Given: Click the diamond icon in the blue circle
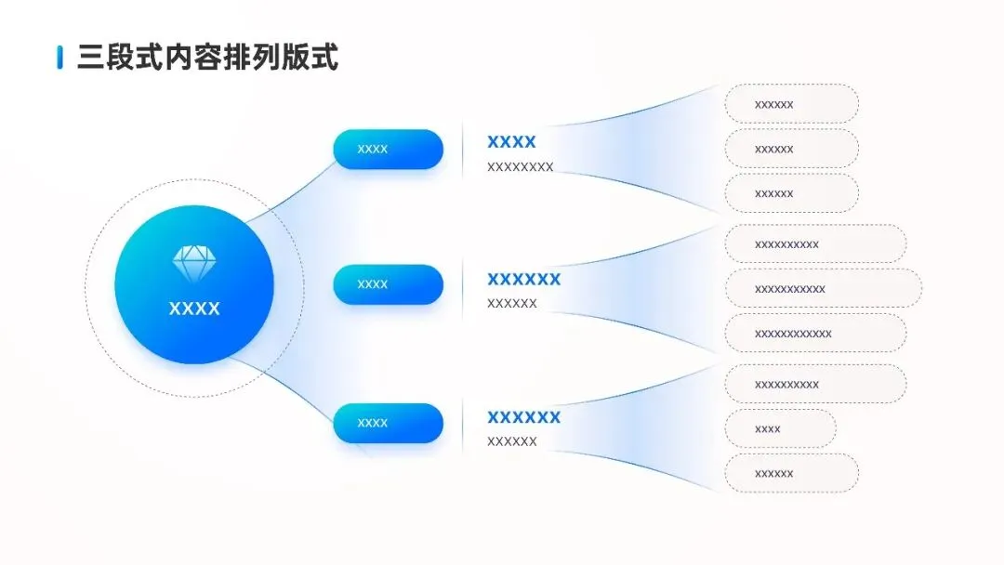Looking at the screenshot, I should pos(193,263).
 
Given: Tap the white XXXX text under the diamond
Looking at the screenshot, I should pos(194,309).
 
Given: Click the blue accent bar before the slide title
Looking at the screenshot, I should pos(59,57).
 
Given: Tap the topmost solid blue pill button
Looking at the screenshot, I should pos(389,149).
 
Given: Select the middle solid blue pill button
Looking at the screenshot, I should pos(389,284).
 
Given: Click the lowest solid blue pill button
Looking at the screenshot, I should pos(389,423).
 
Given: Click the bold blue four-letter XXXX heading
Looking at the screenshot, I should pos(511,142).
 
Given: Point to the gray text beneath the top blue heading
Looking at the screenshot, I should pos(520,167).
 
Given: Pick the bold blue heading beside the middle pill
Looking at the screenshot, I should pos(523,279).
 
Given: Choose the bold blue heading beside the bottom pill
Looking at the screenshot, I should pos(523,417).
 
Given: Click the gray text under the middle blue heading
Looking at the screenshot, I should pos(511,303).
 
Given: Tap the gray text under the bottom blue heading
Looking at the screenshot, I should pos(511,441).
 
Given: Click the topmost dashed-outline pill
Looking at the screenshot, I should pos(791,104).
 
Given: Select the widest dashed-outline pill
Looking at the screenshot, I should pos(823,288).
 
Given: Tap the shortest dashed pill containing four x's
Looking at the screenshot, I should pos(780,428).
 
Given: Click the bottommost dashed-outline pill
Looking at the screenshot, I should pos(791,473).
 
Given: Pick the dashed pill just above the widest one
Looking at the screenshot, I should pos(815,243).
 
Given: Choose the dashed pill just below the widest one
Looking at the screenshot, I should pos(815,333).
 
